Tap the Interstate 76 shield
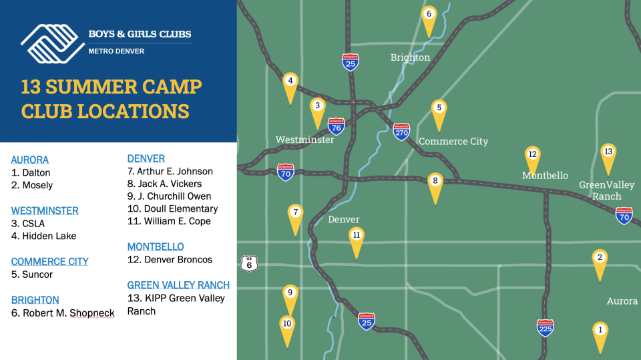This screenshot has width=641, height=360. pyautogui.click(x=336, y=126)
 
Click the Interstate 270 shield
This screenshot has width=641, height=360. pyautogui.click(x=401, y=132)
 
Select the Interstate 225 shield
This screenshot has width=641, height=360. pyautogui.click(x=546, y=327)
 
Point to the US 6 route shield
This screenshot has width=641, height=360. pyautogui.click(x=249, y=263)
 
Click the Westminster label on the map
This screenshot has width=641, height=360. pyautogui.click(x=305, y=140)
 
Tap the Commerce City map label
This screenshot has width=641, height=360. pyautogui.click(x=453, y=142)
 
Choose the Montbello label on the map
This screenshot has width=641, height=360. pyautogui.click(x=545, y=176)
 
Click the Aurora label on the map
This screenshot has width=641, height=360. pyautogui.click(x=622, y=301)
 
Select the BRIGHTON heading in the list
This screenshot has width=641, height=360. pyautogui.click(x=35, y=300)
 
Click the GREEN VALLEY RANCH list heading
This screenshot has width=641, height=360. pyautogui.click(x=178, y=285)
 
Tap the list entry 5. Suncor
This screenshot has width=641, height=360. pyautogui.click(x=32, y=275)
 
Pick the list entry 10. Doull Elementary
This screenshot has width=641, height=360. pyautogui.click(x=172, y=208)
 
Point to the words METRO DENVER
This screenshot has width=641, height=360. pyautogui.click(x=116, y=51)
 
